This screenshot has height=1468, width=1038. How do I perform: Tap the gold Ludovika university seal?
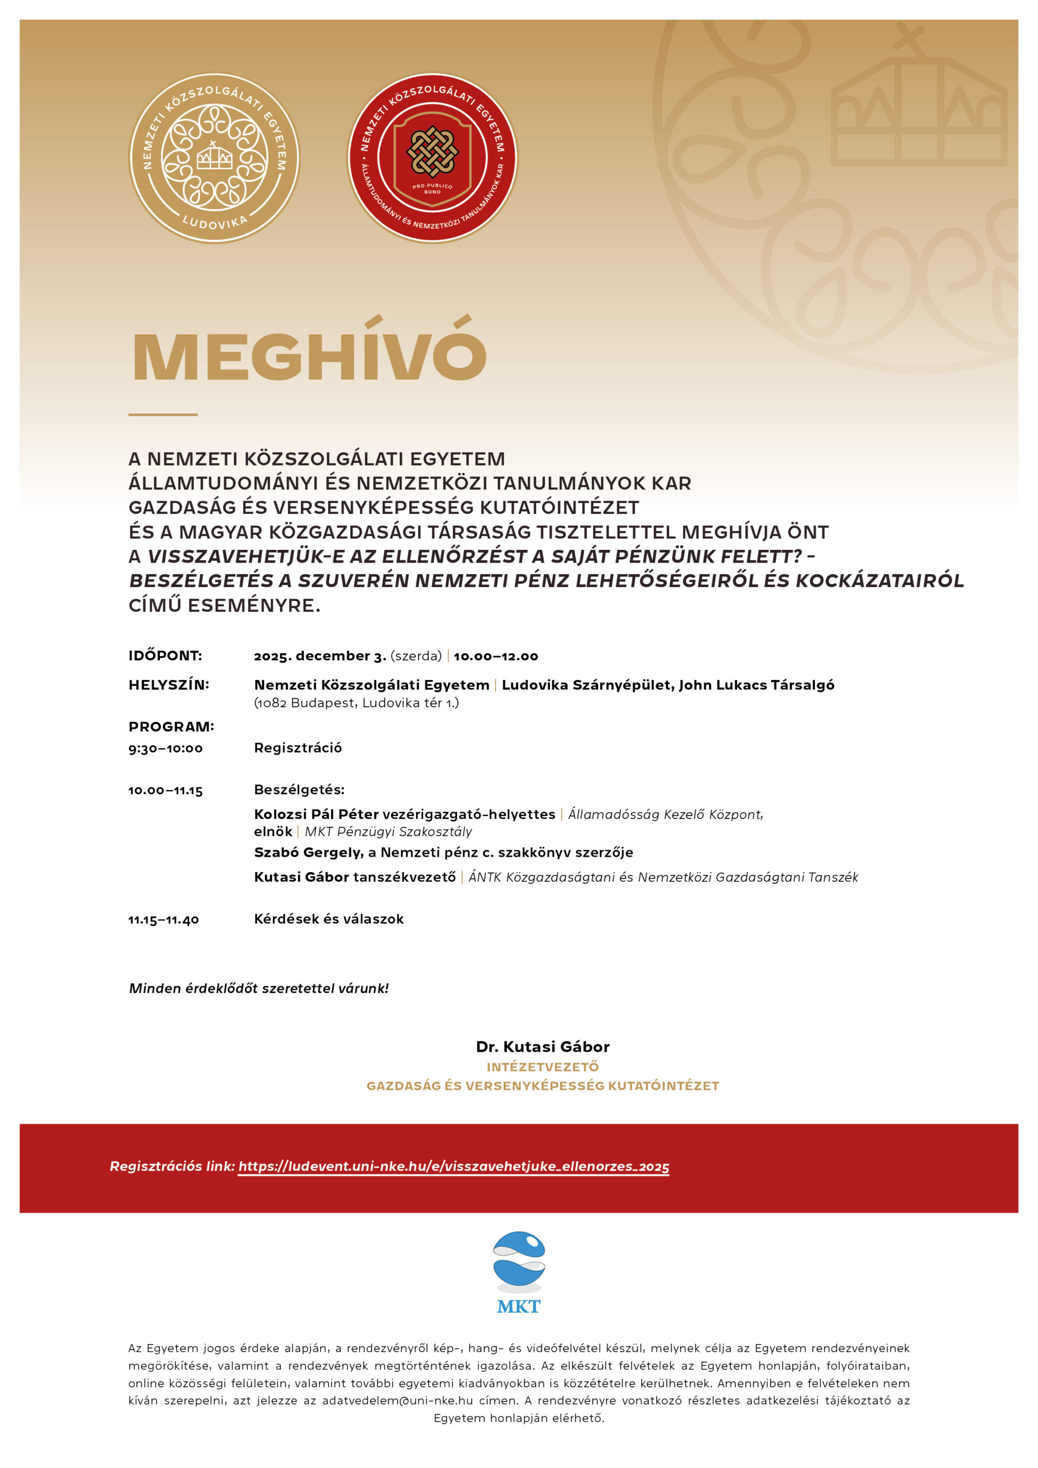pyautogui.click(x=214, y=158)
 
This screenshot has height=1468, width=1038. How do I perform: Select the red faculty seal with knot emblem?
pyautogui.click(x=432, y=158)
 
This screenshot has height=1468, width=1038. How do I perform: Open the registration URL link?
pyautogui.click(x=454, y=1166)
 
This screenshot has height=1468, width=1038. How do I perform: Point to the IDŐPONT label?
pyautogui.click(x=165, y=656)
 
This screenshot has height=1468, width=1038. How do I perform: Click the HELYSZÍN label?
pyautogui.click(x=169, y=685)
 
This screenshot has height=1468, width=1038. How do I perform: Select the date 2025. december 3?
pyautogui.click(x=320, y=656)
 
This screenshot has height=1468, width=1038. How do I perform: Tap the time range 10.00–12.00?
pyautogui.click(x=495, y=656)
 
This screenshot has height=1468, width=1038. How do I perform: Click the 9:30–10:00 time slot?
pyautogui.click(x=166, y=748)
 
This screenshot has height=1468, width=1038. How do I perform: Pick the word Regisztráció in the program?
pyautogui.click(x=298, y=747)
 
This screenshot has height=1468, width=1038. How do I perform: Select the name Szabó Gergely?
pyautogui.click(x=307, y=852)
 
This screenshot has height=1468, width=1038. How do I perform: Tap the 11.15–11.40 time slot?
pyautogui.click(x=163, y=919)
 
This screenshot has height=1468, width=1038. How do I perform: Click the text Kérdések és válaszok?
pyautogui.click(x=329, y=919)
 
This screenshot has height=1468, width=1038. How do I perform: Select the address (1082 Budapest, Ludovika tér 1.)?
pyautogui.click(x=356, y=702)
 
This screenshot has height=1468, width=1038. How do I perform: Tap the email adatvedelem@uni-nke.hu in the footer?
pyautogui.click(x=397, y=1400)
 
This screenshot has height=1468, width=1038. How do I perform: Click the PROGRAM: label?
pyautogui.click(x=171, y=727)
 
